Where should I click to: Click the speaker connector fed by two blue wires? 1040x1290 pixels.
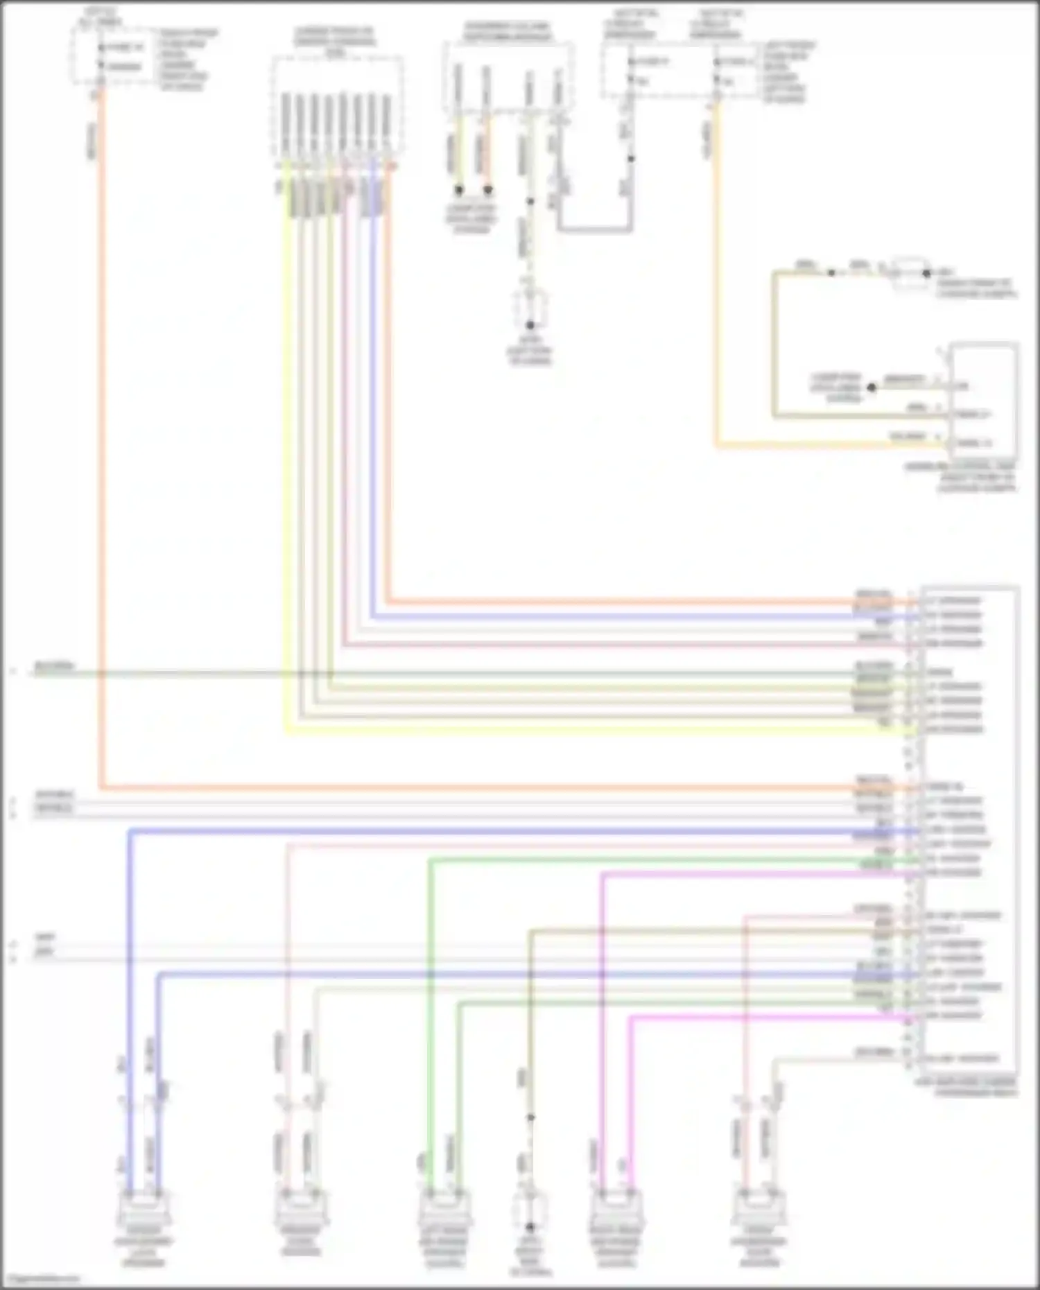tap(144, 1210)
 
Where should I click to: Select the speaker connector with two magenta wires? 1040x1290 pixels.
tap(616, 1210)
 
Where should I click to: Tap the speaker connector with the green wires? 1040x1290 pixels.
tap(444, 1210)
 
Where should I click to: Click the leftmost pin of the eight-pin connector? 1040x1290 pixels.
tap(285, 125)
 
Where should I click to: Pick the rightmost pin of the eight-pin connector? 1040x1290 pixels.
tap(387, 125)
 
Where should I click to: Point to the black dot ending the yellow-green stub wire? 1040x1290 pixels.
tap(458, 189)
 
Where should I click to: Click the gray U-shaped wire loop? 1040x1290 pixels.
tap(595, 228)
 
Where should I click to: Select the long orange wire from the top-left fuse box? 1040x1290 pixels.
tap(101, 485)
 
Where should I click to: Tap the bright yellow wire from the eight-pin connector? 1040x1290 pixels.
tap(286, 485)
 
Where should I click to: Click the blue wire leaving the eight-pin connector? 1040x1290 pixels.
tap(372, 416)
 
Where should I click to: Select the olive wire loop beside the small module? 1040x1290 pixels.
tap(774, 347)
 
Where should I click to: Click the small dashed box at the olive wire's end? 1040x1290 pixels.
tap(910, 274)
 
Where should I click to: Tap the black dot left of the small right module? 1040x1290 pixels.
tap(872, 388)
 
